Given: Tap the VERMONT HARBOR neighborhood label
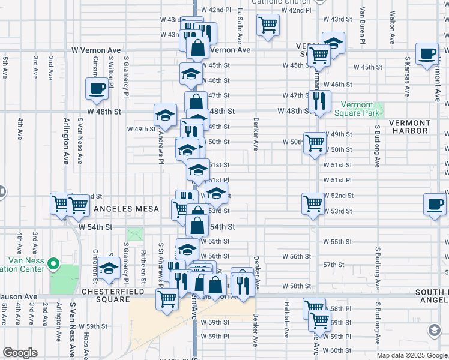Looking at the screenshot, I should click(409, 127).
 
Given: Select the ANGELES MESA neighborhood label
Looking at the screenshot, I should click(125, 209).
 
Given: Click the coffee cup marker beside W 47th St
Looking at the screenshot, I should click(96, 89).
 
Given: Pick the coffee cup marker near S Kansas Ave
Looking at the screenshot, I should click(427, 53).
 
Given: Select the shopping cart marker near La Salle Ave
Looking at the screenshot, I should click(268, 25).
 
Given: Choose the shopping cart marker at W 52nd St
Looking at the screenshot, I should click(313, 203).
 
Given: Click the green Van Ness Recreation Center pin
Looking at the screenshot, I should click(53, 263).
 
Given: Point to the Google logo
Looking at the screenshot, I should click(20, 353).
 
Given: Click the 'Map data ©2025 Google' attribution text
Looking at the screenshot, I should click(411, 355).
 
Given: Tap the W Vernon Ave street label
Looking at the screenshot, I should click(96, 50).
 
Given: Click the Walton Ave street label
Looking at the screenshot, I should click(392, 28).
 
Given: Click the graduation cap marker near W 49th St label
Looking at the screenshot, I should click(164, 115).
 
